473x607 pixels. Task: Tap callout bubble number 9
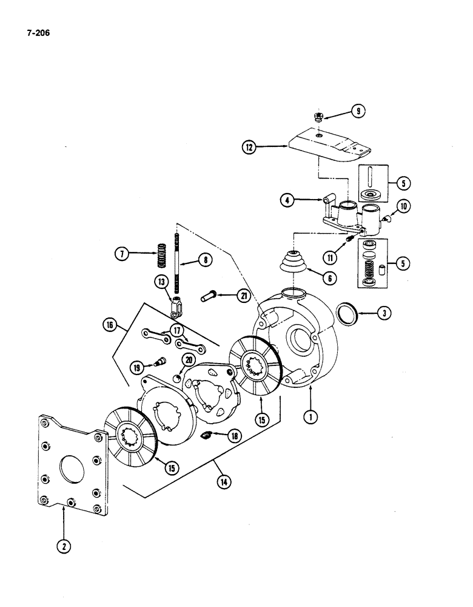pos(358,110)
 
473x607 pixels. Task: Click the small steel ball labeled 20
pos(176,378)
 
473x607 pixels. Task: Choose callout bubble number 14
pos(226,482)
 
